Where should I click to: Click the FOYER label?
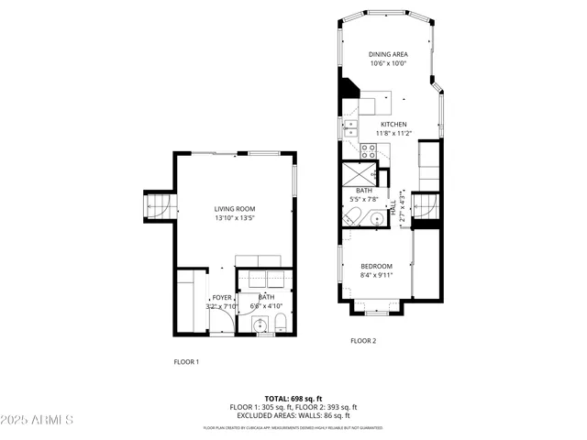click(221, 298)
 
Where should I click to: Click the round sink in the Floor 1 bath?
click(259, 324)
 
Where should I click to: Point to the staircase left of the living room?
click(155, 206)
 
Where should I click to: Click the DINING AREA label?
click(388, 55)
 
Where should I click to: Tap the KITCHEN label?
click(393, 124)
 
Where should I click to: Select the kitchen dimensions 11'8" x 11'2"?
click(393, 133)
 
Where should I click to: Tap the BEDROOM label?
click(376, 266)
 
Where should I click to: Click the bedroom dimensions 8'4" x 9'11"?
click(376, 274)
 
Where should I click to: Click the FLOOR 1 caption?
click(186, 361)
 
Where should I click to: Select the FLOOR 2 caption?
click(363, 341)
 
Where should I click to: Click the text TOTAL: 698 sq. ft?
click(293, 399)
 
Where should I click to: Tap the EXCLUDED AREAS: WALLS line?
click(293, 415)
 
